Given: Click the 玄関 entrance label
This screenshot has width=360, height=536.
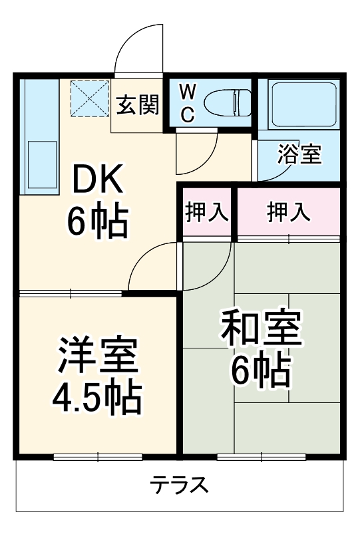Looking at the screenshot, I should tap(138, 105).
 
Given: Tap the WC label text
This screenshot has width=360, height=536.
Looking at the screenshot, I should tap(187, 103).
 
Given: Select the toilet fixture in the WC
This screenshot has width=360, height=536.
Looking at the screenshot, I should tap(228, 104).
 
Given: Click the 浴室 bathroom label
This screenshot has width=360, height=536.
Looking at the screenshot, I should tap(299, 155).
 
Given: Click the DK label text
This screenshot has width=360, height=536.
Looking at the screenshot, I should tap(96, 180).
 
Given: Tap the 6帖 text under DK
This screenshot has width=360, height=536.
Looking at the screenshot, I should tap(96, 223).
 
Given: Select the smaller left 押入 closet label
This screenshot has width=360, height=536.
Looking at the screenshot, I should tap(207, 212).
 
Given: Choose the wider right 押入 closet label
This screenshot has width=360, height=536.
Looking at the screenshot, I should tap(288, 212).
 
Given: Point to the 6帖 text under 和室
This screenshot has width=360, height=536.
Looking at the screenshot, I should tap(260, 371).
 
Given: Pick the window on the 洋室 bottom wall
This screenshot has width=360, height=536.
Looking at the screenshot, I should tap(97, 456).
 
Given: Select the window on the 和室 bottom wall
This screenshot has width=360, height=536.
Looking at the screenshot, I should tap(261, 456).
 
